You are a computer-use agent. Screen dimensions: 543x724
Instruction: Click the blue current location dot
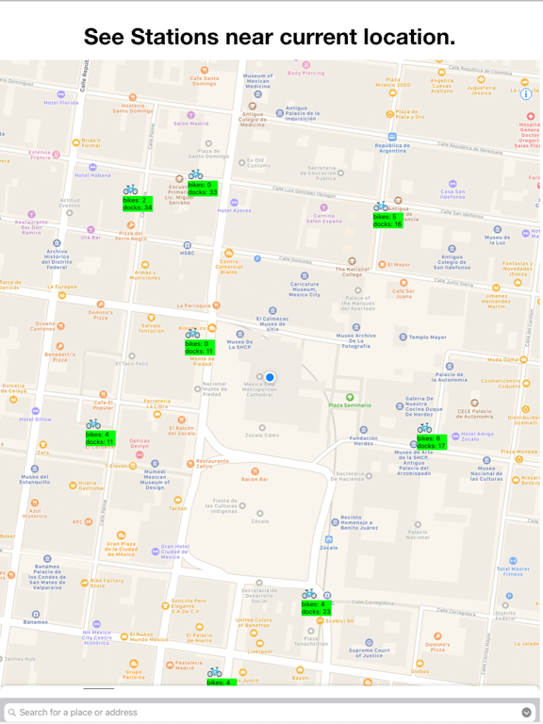click(270, 378)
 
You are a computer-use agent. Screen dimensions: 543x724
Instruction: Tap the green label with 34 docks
click(137, 204)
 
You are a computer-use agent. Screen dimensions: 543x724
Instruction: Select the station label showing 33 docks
click(203, 189)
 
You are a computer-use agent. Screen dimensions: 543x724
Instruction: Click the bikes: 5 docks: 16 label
click(387, 221)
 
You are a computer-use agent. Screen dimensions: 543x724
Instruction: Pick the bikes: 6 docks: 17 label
click(431, 441)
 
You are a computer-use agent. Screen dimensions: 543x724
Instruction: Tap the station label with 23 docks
click(316, 608)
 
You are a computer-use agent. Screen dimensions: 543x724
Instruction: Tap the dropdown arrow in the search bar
click(526, 712)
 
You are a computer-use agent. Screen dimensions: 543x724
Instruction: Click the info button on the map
click(526, 94)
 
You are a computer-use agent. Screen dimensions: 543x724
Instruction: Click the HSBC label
click(188, 253)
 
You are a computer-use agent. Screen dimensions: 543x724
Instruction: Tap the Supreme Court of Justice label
click(375, 651)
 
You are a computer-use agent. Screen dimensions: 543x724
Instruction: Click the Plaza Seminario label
click(349, 404)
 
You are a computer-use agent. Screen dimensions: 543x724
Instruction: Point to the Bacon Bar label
click(255, 479)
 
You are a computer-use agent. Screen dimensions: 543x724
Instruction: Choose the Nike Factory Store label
click(107, 584)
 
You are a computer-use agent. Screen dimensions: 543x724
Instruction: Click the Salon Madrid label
click(191, 123)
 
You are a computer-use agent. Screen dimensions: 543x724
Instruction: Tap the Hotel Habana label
click(92, 175)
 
